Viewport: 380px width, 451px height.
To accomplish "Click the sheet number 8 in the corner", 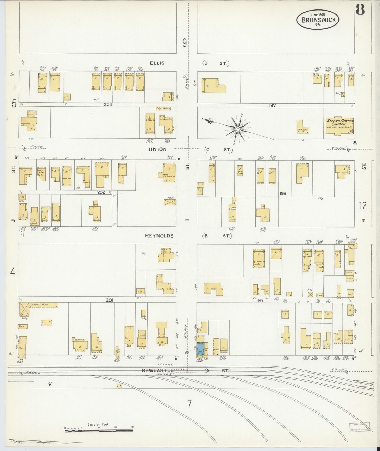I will pos(360,10).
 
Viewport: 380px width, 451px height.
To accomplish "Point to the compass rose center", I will pos(238,129).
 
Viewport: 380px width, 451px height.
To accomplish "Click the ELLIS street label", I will pos(157,63).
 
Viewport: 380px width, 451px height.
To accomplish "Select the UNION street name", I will pos(158,149).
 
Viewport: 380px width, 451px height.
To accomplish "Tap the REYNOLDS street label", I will pos(159,236).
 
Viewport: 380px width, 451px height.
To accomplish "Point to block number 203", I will pos(108,104).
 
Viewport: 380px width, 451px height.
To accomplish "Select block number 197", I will pos(272,105).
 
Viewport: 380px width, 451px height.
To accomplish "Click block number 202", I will pos(101,192).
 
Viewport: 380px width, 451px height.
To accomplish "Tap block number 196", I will pos(283,193).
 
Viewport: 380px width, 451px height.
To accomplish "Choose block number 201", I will pos(109,299).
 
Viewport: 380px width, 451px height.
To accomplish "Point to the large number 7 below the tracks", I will pos(189,404).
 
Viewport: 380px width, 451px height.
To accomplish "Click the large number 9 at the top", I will pos(185,43).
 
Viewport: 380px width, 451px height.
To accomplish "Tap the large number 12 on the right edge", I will pos(363,206).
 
